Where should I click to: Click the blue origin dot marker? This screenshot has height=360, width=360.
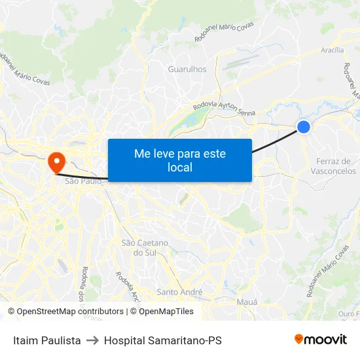pyautogui.click(x=304, y=127)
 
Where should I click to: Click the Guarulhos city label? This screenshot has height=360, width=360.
pyautogui.click(x=187, y=69)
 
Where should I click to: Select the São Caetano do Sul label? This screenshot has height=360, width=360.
pyautogui.click(x=145, y=247)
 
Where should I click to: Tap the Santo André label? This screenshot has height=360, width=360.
pyautogui.click(x=180, y=292)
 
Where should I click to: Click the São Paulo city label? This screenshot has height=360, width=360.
pyautogui.click(x=83, y=181)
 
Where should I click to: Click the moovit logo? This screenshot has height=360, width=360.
pyautogui.click(x=320, y=340)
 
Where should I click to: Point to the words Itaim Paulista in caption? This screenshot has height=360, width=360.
pyautogui.click(x=47, y=340)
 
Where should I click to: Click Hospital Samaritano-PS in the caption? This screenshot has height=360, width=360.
pyautogui.click(x=162, y=340)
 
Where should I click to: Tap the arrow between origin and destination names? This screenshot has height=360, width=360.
pyautogui.click(x=92, y=340)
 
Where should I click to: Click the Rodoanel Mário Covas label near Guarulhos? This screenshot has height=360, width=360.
pyautogui.click(x=223, y=31)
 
